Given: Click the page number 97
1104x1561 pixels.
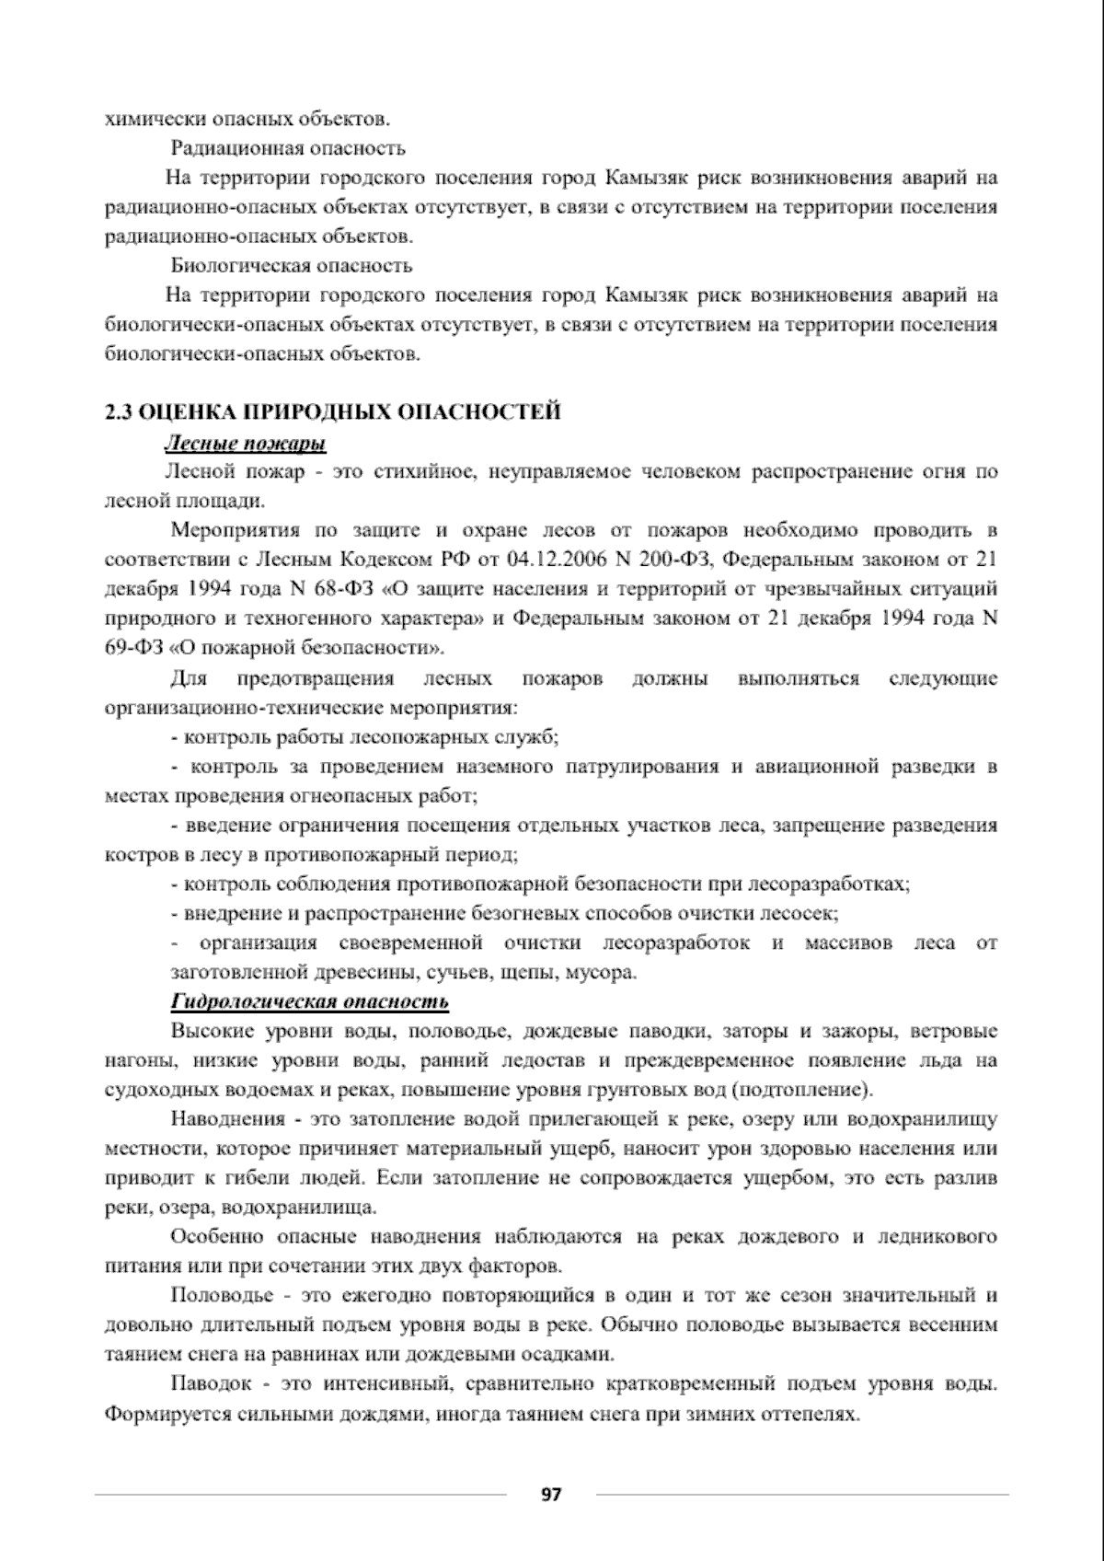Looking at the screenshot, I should pos(551,1494).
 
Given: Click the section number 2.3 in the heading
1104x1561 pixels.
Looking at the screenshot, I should pos(120,412).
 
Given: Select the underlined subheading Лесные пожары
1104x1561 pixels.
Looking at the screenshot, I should pos(246,444).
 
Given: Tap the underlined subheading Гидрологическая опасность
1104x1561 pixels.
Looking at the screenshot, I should pos(310,1000).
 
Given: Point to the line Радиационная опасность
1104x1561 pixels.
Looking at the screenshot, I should pos(288,148).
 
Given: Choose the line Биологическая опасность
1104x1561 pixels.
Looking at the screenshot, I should pos(292,266).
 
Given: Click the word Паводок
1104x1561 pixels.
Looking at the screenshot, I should pos(211,1383).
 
